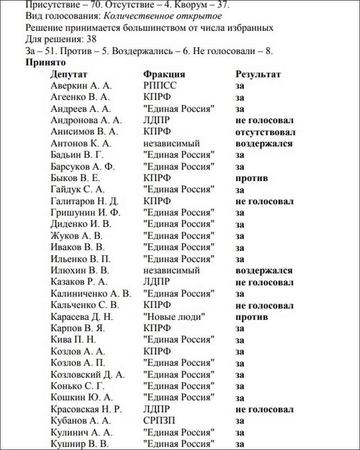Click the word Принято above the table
pyautogui.click(x=46, y=62)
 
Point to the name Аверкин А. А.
pyautogui.click(x=81, y=85)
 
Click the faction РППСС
pyautogui.click(x=160, y=85)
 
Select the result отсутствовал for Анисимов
pyautogui.click(x=265, y=132)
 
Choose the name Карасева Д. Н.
pyautogui.click(x=82, y=317)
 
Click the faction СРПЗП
pyautogui.click(x=159, y=421)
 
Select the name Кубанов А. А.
pyautogui.click(x=81, y=421)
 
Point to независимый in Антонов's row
pyautogui.click(x=171, y=144)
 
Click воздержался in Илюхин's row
pyautogui.click(x=264, y=271)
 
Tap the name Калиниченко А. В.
pyautogui.click(x=91, y=294)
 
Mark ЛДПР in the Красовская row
pyautogui.click(x=156, y=409)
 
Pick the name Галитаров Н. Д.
pyautogui.click(x=84, y=201)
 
